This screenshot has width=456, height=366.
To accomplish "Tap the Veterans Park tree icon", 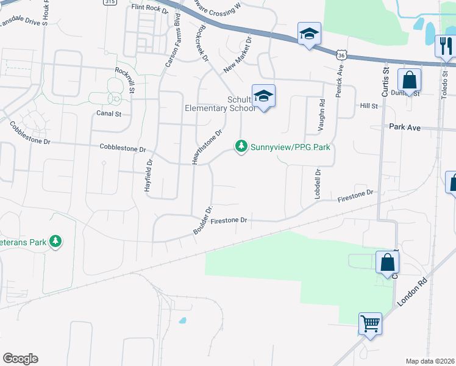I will point(55,242).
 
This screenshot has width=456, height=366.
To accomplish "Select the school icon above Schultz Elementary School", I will point(264,96).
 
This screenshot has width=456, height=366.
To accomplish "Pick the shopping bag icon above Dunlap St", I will point(409,79).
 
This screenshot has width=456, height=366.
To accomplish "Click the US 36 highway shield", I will point(341,55).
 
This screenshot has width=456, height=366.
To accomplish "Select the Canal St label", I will point(109,113).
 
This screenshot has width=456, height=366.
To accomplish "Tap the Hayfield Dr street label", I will point(148,176).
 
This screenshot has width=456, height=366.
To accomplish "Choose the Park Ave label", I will point(405,127).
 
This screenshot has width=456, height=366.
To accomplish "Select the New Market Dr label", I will point(238,57).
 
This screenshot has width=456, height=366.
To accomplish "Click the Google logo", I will point(20,358).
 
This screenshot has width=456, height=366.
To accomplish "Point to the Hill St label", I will point(369,106).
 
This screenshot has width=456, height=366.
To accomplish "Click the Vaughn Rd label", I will point(321,116).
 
